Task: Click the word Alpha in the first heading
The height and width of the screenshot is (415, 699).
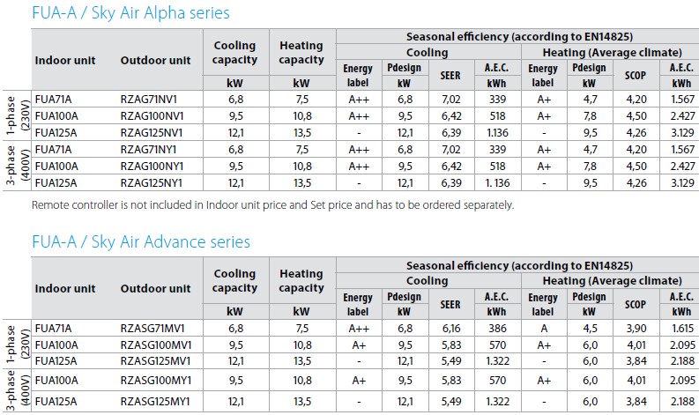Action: [160, 13]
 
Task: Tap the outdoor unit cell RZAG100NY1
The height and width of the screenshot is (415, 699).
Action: [152, 167]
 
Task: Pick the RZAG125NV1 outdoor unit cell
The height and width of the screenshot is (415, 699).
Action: [152, 133]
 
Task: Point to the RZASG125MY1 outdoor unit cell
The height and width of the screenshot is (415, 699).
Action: [155, 402]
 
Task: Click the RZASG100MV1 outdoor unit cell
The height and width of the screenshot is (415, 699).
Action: [156, 345]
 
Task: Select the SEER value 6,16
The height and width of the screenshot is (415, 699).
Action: [451, 329]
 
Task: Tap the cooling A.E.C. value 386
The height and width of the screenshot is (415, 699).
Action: [497, 329]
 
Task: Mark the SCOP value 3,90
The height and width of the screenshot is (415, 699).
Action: [636, 329]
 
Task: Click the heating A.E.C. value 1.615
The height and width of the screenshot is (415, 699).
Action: [682, 329]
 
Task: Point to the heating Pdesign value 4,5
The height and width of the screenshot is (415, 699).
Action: [591, 329]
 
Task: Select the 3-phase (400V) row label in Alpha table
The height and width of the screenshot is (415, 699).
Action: [17, 166]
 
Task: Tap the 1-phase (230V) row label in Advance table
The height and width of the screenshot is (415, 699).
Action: [17, 344]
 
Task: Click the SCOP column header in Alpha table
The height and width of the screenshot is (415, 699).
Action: [636, 75]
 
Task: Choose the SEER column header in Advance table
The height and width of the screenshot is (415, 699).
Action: [450, 305]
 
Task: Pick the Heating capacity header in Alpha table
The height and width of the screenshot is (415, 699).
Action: [301, 53]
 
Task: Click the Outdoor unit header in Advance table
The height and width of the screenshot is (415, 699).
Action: [156, 288]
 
